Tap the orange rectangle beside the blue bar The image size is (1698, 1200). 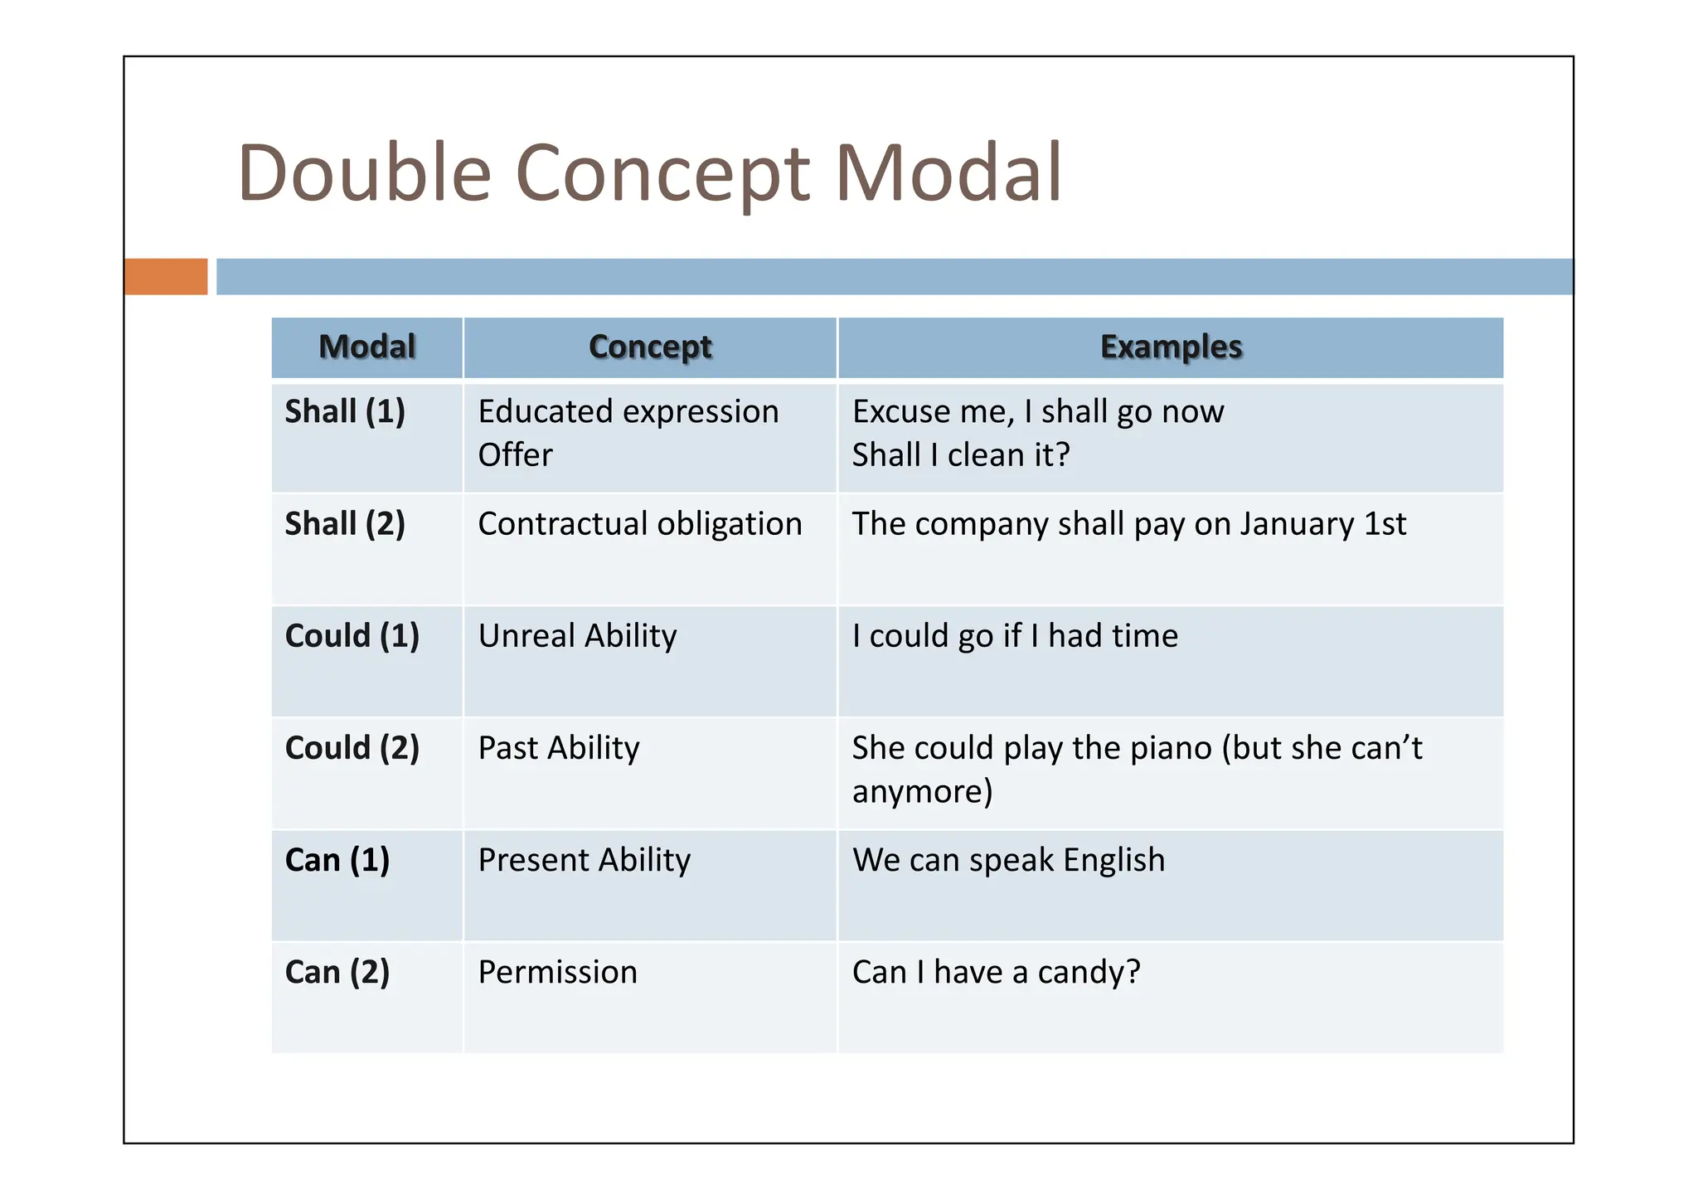click(166, 276)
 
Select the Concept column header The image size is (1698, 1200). click(650, 347)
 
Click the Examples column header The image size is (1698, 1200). click(1171, 347)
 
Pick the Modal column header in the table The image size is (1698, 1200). click(366, 347)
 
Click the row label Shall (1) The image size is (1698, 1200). click(345, 411)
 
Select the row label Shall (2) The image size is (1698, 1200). click(345, 524)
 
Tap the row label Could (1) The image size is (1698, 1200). click(352, 636)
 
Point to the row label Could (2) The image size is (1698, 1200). click(352, 748)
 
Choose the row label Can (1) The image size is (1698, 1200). click(337, 860)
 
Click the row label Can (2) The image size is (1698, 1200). click(337, 972)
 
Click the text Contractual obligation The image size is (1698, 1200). click(640, 524)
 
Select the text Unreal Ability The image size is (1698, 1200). click(578, 636)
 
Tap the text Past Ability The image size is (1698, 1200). click(559, 748)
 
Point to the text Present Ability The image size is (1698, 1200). click(585, 860)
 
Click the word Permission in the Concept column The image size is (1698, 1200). click(558, 972)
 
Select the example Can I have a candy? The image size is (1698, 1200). click(997, 972)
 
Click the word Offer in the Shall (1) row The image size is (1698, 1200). click(515, 455)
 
